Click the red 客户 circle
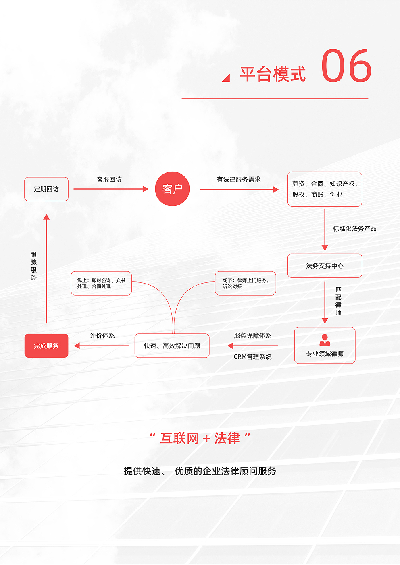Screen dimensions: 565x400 coord(172,189)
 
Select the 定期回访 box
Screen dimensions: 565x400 coord(46,189)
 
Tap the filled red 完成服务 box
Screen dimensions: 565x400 coord(46,346)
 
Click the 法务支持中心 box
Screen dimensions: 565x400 coord(325,266)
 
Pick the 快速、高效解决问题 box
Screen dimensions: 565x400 coord(172,346)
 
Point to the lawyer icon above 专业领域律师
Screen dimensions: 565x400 coord(325,340)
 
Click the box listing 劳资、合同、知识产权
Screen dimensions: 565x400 coord(325,189)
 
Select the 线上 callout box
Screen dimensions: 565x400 coord(101,284)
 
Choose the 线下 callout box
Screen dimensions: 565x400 coord(246,284)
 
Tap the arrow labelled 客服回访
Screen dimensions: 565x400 coord(111,189)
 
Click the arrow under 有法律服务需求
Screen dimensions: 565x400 coord(239,189)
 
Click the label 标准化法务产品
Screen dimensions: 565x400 coord(354,229)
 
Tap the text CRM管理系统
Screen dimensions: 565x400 coord(253,357)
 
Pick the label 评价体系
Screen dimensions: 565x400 coord(102,335)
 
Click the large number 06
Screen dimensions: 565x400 coord(346,66)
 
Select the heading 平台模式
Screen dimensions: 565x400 coord(273,75)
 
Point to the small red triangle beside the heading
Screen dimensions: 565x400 coord(226,78)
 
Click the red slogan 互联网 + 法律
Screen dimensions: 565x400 coord(200,438)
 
